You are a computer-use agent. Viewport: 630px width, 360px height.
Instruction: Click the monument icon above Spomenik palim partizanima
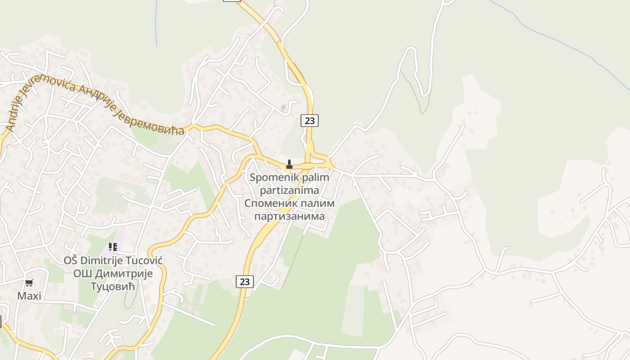pyautogui.click(x=289, y=165)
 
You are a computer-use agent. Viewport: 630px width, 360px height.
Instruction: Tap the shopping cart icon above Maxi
pyautogui.click(x=29, y=283)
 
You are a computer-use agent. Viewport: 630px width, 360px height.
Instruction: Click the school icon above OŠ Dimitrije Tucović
pyautogui.click(x=113, y=247)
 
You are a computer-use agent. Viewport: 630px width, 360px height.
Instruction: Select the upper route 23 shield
pyautogui.click(x=309, y=121)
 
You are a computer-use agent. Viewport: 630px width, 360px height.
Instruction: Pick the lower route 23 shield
pyautogui.click(x=244, y=282)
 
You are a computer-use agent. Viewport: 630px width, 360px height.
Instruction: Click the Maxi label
pyautogui.click(x=29, y=296)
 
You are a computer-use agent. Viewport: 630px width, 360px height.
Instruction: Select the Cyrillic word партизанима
pyautogui.click(x=289, y=216)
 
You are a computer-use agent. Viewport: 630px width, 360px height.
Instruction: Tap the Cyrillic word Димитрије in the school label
pyautogui.click(x=122, y=274)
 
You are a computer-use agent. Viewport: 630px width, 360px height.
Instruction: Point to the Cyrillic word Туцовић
pyautogui.click(x=113, y=287)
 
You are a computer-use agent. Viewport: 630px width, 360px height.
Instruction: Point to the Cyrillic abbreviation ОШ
pyautogui.click(x=81, y=274)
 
